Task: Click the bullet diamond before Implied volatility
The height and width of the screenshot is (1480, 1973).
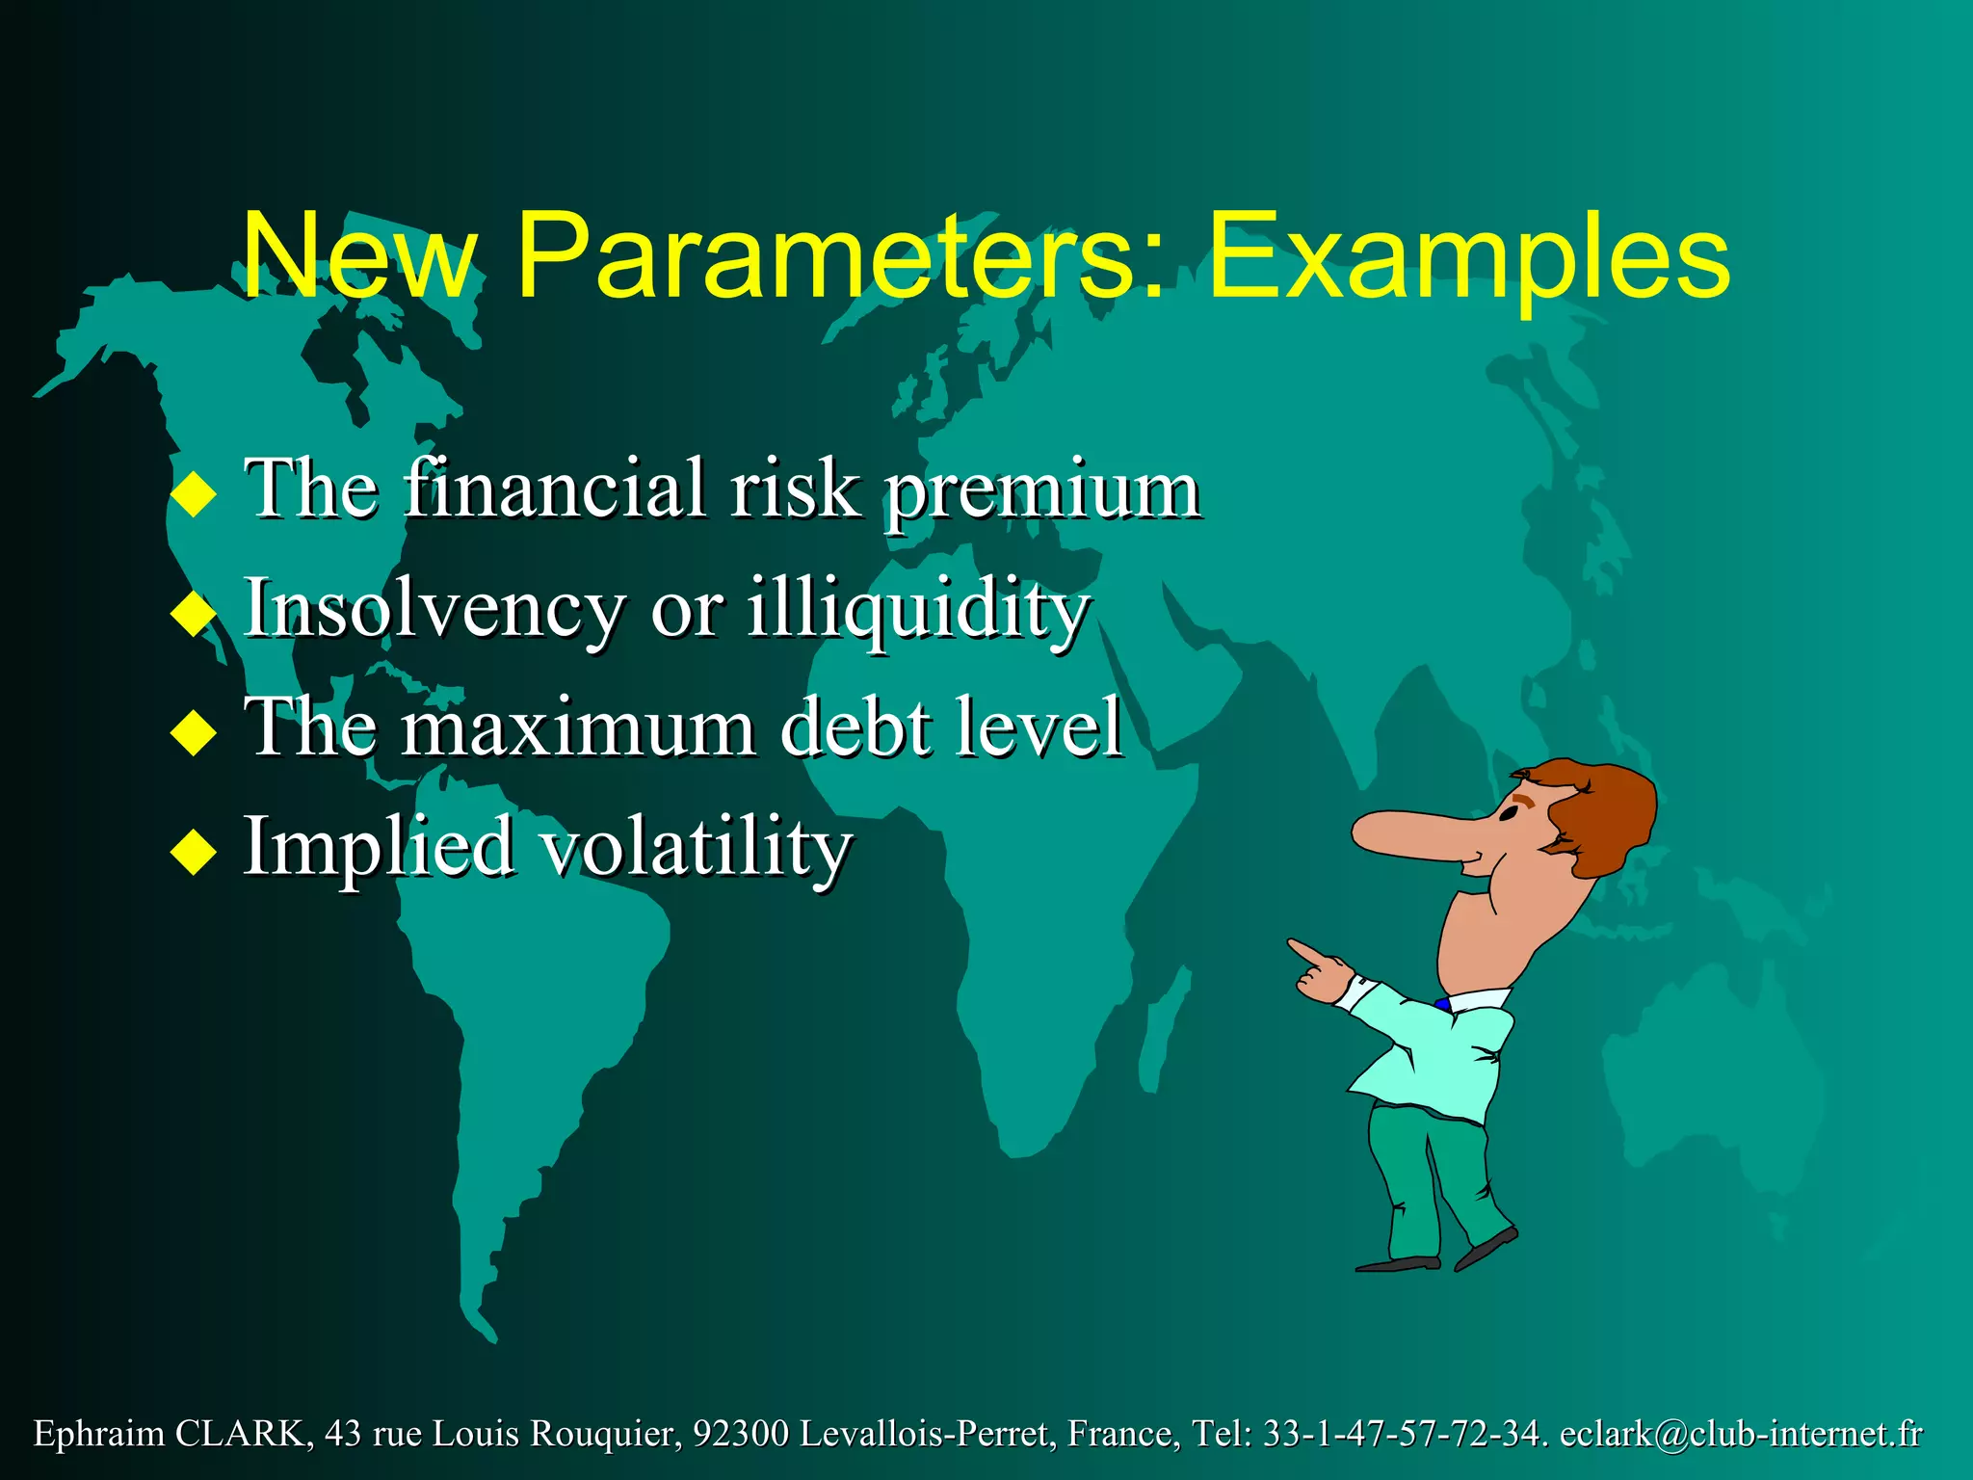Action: tap(194, 852)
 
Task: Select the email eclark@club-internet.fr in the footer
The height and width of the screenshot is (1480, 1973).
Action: tap(1740, 1435)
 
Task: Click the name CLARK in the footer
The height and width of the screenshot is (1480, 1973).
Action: tap(241, 1435)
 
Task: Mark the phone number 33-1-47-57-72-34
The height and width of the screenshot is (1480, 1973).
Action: tap(1402, 1435)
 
